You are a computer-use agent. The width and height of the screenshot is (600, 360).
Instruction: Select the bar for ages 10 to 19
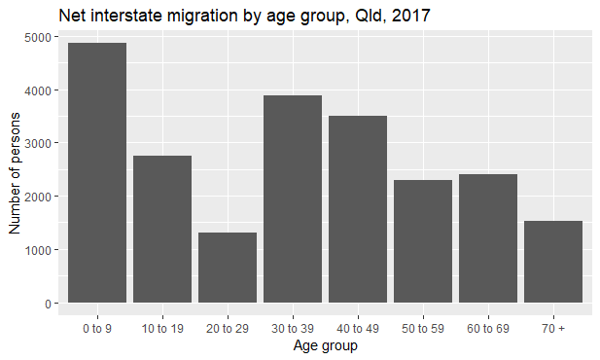point(162,229)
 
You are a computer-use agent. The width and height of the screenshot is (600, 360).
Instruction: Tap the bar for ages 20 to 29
point(228,267)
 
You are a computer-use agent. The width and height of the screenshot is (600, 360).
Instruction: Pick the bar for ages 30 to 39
point(293,198)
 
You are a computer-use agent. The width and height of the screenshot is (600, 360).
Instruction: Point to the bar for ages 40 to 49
point(358,209)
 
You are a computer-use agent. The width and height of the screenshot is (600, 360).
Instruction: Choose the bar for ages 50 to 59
point(423,241)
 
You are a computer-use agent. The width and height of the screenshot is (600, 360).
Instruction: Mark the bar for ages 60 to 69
point(488,238)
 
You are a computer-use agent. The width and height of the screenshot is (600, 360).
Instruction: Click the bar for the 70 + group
point(553,262)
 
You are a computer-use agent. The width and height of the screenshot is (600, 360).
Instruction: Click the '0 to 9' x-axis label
point(97,329)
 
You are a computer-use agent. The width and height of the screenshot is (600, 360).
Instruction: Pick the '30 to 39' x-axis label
point(293,329)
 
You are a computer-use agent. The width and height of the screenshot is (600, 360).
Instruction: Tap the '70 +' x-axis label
point(553,329)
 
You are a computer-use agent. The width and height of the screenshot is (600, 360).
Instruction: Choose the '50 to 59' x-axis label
point(423,329)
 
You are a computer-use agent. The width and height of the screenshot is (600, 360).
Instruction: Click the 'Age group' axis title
point(325,345)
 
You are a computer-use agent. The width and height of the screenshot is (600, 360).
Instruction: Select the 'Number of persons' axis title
point(15,170)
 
